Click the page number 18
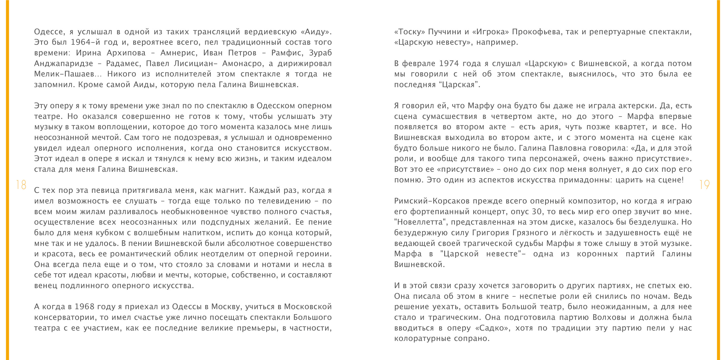[x=21, y=185]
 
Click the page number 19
[x=704, y=185]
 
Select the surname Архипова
[x=126, y=53]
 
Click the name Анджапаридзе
[x=64, y=64]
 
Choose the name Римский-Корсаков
[x=432, y=201]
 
